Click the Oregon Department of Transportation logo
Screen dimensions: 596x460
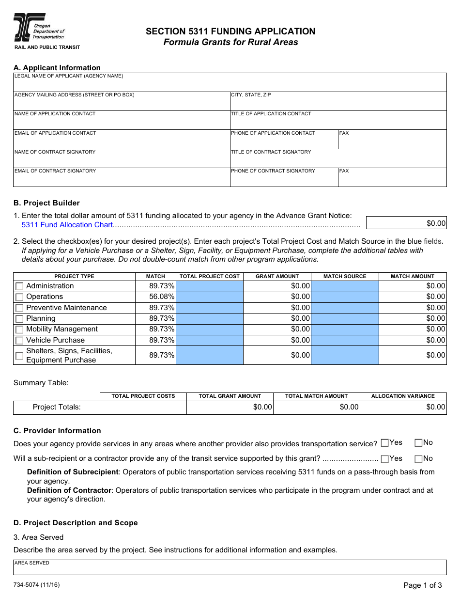tap(39, 28)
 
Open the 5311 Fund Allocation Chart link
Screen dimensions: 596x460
tap(67, 225)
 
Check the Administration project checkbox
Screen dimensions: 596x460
tap(19, 286)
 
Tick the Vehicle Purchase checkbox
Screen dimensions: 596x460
tap(19, 341)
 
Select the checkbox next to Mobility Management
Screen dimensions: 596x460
tap(19, 329)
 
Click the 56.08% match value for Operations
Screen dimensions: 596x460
tap(162, 297)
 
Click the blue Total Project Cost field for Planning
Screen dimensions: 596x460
tap(209, 318)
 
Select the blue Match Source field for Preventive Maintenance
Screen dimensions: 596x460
tap(345, 308)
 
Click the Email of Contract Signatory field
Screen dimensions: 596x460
tap(121, 180)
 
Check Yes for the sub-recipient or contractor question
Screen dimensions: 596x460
tap(385, 458)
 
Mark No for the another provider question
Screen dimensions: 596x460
tap(418, 442)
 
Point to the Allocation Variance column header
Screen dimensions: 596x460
tap(403, 396)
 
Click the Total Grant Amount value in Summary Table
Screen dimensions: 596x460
tap(230, 407)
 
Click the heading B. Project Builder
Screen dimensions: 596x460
tap(46, 203)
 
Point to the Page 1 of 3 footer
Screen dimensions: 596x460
tap(422, 585)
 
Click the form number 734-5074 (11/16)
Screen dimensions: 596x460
tap(37, 584)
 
